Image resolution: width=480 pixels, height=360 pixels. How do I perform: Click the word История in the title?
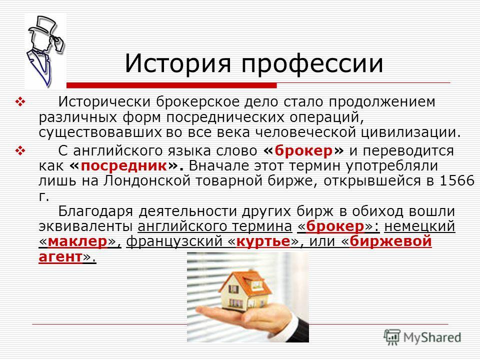[x=177, y=63]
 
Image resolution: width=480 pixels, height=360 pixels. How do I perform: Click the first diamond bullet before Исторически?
[x=21, y=102]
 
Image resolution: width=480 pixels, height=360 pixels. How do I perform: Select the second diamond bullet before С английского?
[x=21, y=151]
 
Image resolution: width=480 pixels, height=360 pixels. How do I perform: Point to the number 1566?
[x=457, y=180]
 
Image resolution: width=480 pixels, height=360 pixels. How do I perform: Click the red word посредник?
[x=124, y=166]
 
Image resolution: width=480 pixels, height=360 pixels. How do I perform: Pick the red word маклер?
[x=77, y=241]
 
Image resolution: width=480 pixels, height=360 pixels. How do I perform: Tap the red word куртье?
[x=263, y=241]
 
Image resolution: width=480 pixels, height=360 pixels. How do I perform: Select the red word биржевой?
[x=390, y=241]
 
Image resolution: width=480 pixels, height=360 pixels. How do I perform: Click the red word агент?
[x=60, y=257]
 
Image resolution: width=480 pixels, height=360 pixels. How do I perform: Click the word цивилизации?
[x=408, y=132]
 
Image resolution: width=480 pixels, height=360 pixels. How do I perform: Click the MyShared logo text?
[x=432, y=337]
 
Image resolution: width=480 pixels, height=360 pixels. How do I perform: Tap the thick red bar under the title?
[x=171, y=85]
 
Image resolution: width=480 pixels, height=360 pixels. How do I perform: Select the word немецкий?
[x=419, y=226]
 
